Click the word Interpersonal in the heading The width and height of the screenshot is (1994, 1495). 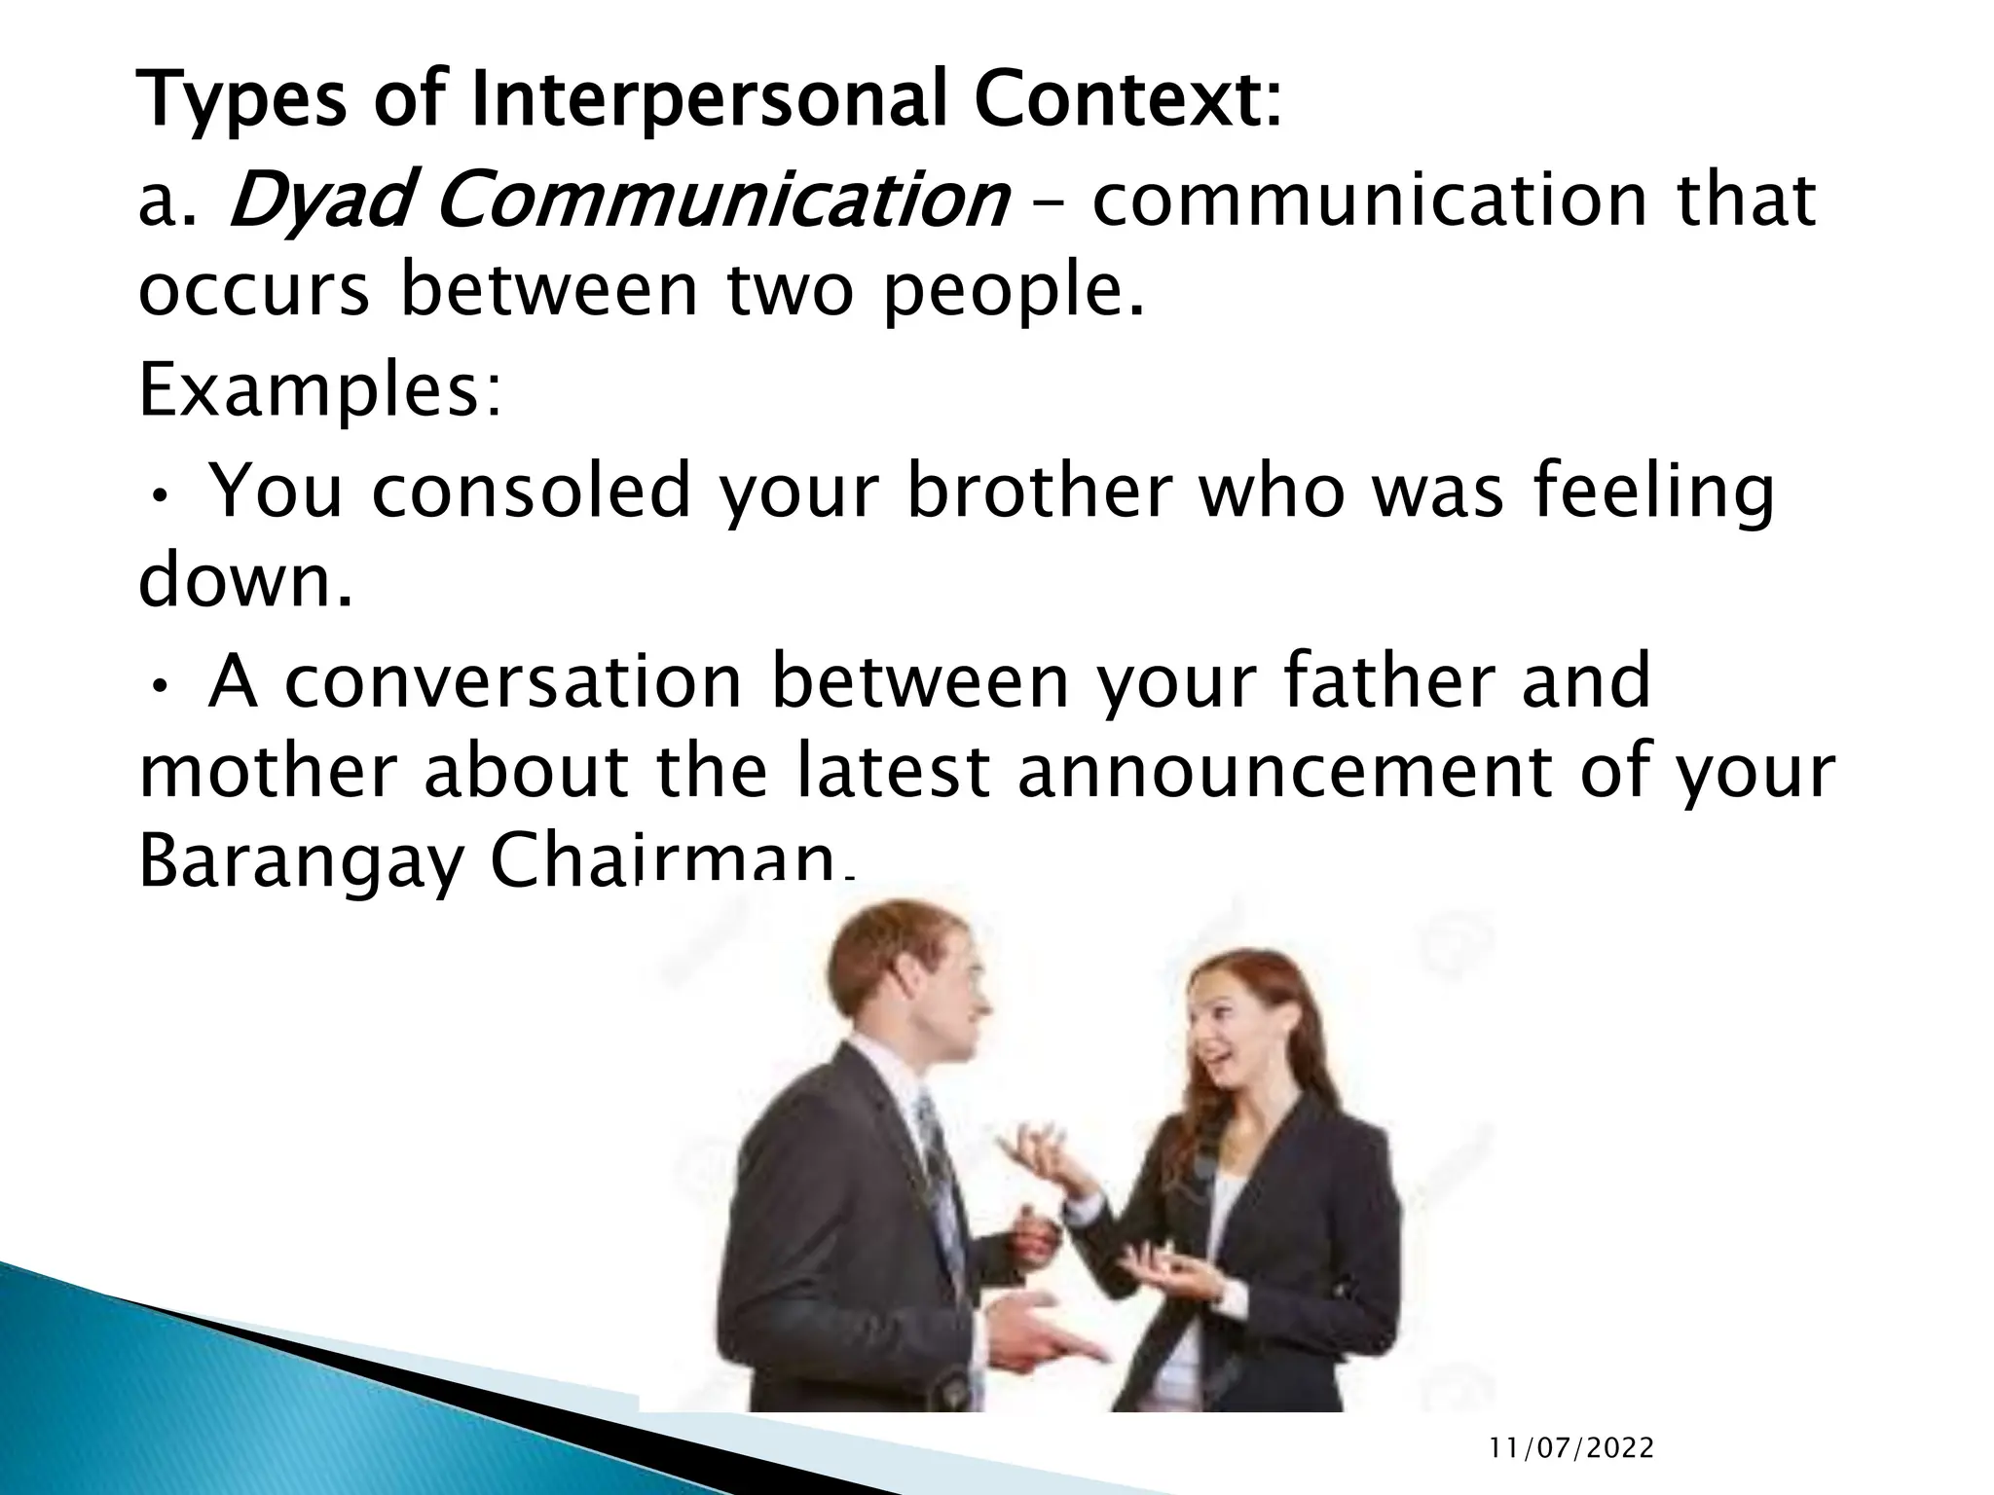click(708, 101)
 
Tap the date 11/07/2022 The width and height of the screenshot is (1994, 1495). click(1571, 1449)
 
